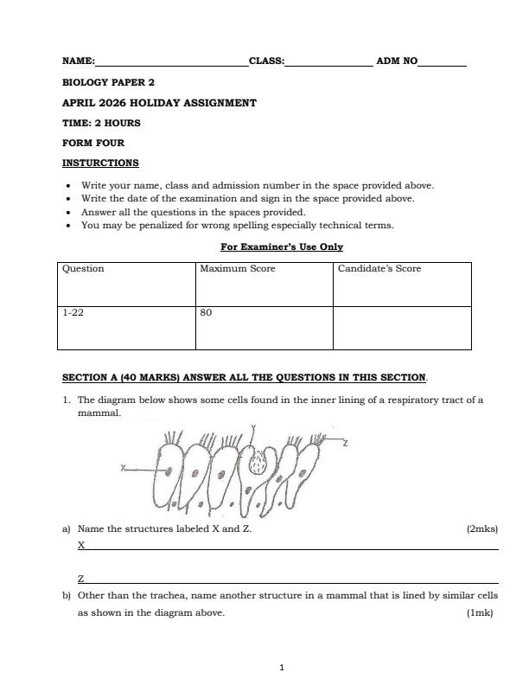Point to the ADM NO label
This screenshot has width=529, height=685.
(x=397, y=61)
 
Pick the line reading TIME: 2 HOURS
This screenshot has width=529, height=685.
(x=101, y=123)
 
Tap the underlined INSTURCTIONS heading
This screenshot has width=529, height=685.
(x=100, y=163)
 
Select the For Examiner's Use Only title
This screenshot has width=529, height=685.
(x=282, y=246)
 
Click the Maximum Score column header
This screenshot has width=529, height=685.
(x=238, y=269)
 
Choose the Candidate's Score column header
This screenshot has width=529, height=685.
(x=379, y=269)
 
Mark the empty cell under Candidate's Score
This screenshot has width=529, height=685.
(x=402, y=327)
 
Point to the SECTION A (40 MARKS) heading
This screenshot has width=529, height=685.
(x=244, y=378)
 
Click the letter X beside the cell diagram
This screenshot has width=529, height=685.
(x=124, y=468)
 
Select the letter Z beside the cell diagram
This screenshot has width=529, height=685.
(x=346, y=443)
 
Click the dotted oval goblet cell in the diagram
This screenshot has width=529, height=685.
(x=256, y=464)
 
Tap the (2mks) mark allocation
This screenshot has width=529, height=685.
(x=481, y=528)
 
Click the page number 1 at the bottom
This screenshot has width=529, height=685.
(x=282, y=667)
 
